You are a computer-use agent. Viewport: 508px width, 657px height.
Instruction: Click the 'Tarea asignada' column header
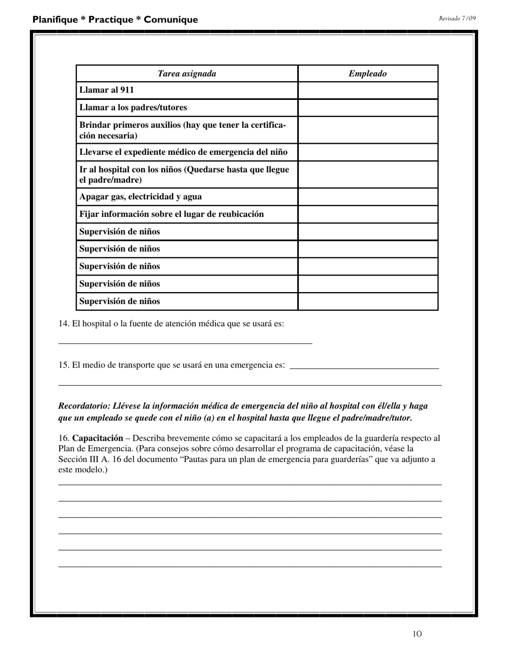[x=187, y=74]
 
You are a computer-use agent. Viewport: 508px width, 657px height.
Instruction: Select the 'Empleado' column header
[x=367, y=74]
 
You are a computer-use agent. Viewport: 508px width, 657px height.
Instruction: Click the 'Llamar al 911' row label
[x=106, y=90]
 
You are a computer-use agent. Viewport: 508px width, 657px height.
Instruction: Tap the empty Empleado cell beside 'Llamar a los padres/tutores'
[x=367, y=107]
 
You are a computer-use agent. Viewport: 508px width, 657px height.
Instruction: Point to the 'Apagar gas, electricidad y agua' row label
[x=141, y=197]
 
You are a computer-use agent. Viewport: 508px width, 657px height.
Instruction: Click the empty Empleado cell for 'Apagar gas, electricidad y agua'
[x=367, y=197]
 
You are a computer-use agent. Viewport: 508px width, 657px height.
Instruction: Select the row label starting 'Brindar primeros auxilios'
[x=182, y=130]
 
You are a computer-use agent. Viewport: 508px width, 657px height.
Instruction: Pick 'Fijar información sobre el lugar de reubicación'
[x=172, y=214]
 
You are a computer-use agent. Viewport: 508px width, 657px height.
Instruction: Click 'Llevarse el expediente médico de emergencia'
[x=183, y=152]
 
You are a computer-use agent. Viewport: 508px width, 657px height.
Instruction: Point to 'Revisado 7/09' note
[x=457, y=18]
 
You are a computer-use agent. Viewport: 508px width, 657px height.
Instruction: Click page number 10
[x=417, y=634]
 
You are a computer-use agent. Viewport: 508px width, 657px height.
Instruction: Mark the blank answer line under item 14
[x=184, y=342]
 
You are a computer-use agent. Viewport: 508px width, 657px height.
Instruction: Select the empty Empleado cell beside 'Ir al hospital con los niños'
[x=367, y=174]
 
